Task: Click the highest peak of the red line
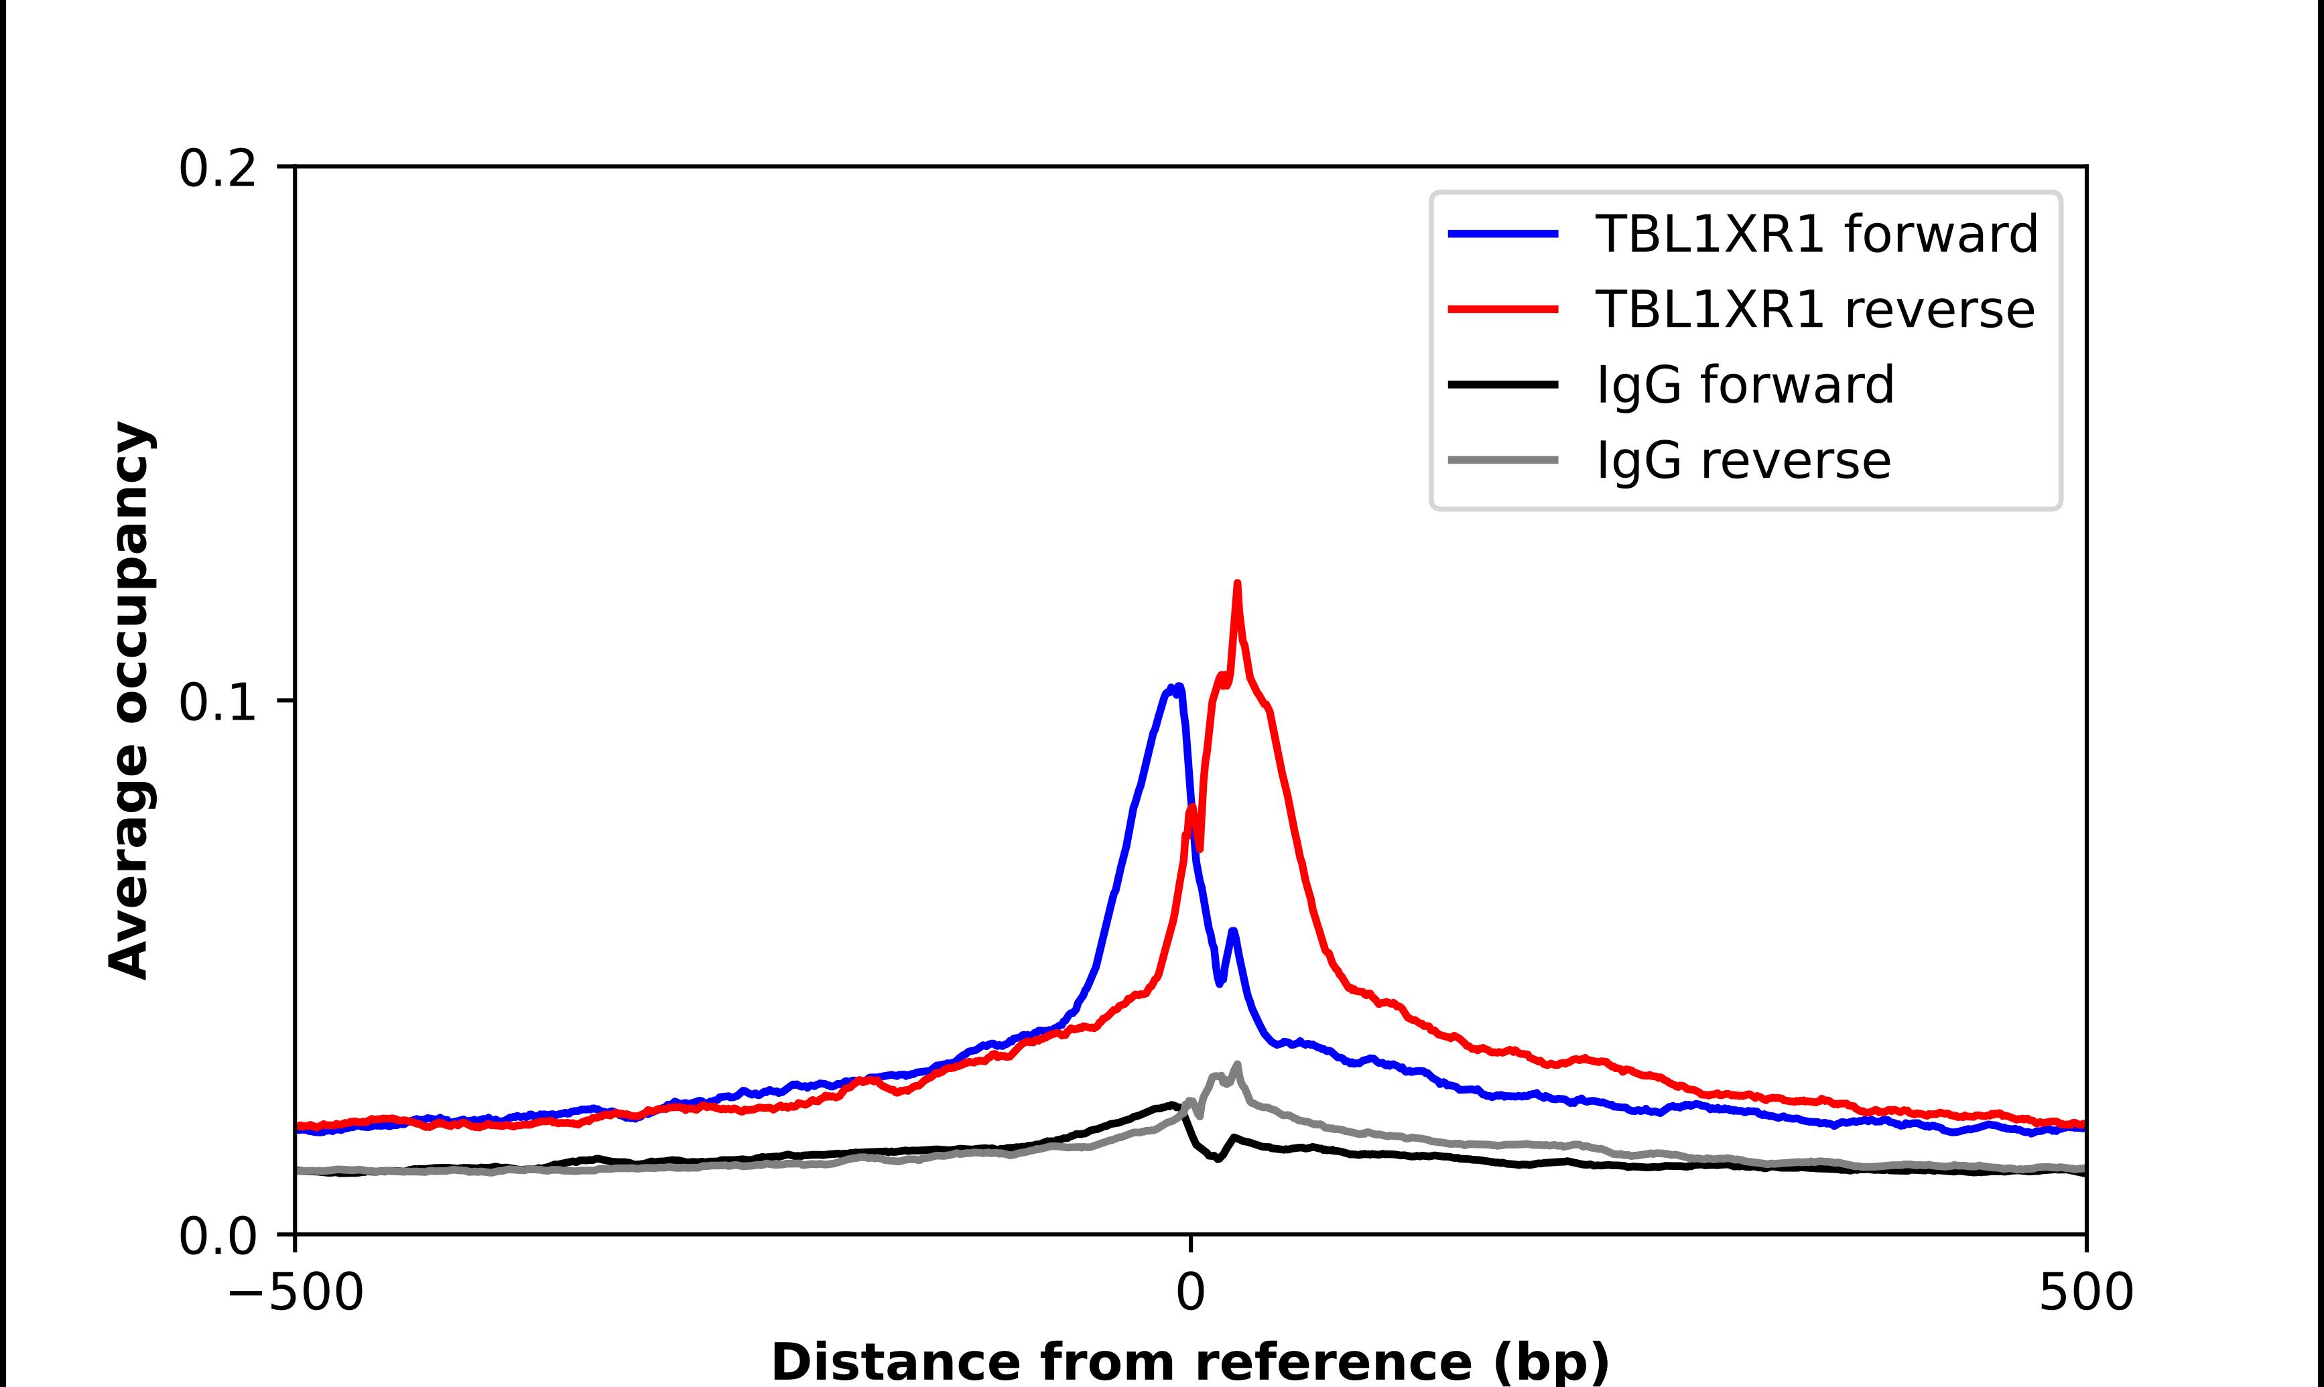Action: click(x=1237, y=584)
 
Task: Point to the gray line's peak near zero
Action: click(x=1238, y=1065)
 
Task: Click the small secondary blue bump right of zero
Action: click(x=1232, y=931)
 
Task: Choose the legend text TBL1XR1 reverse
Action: click(x=1815, y=310)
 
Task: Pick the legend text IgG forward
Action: click(x=1744, y=385)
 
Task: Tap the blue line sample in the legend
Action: click(x=1502, y=234)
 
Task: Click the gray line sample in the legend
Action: click(x=1502, y=460)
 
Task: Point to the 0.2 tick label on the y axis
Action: click(x=217, y=169)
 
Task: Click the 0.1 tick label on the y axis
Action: click(x=217, y=703)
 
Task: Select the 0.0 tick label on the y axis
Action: click(x=217, y=1236)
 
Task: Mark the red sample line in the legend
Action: click(x=1502, y=310)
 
